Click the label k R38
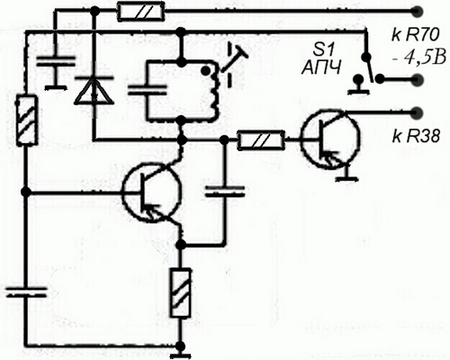(416, 137)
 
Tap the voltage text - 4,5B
(418, 58)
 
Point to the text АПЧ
(321, 68)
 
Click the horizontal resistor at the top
(140, 13)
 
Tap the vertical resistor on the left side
(27, 120)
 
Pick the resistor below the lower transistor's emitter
(181, 292)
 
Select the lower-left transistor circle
(152, 193)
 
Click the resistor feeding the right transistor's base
(261, 139)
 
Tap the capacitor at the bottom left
(27, 292)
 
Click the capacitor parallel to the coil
(148, 90)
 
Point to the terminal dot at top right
(417, 12)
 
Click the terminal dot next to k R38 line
(417, 112)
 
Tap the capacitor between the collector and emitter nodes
(225, 192)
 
